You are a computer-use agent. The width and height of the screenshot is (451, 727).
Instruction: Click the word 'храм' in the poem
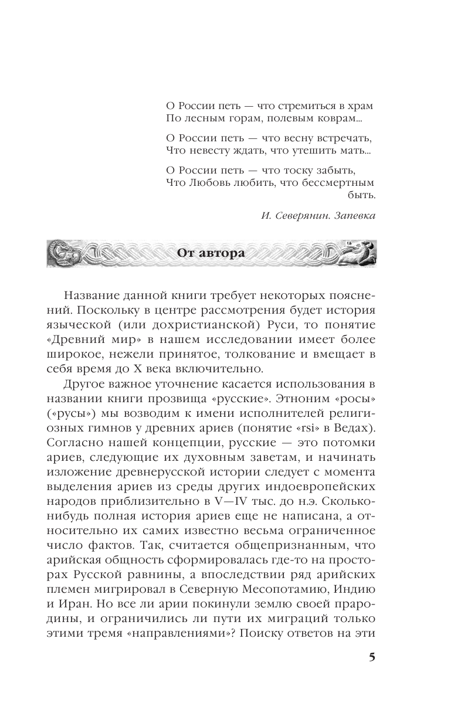point(360,107)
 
